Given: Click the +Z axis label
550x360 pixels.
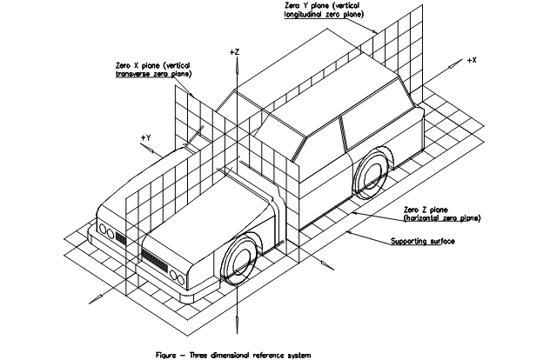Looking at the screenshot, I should pyautogui.click(x=234, y=53).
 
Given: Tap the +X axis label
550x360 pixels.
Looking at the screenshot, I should pyautogui.click(x=472, y=60).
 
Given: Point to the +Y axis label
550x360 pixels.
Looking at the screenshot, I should pyautogui.click(x=145, y=137).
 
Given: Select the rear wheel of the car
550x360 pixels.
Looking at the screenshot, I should pyautogui.click(x=372, y=175).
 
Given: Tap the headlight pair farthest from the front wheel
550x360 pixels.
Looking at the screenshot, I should pyautogui.click(x=105, y=231).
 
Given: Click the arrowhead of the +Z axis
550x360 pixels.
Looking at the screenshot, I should pyautogui.click(x=234, y=63).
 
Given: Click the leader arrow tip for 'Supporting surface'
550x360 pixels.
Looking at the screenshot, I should pyautogui.click(x=346, y=230).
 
